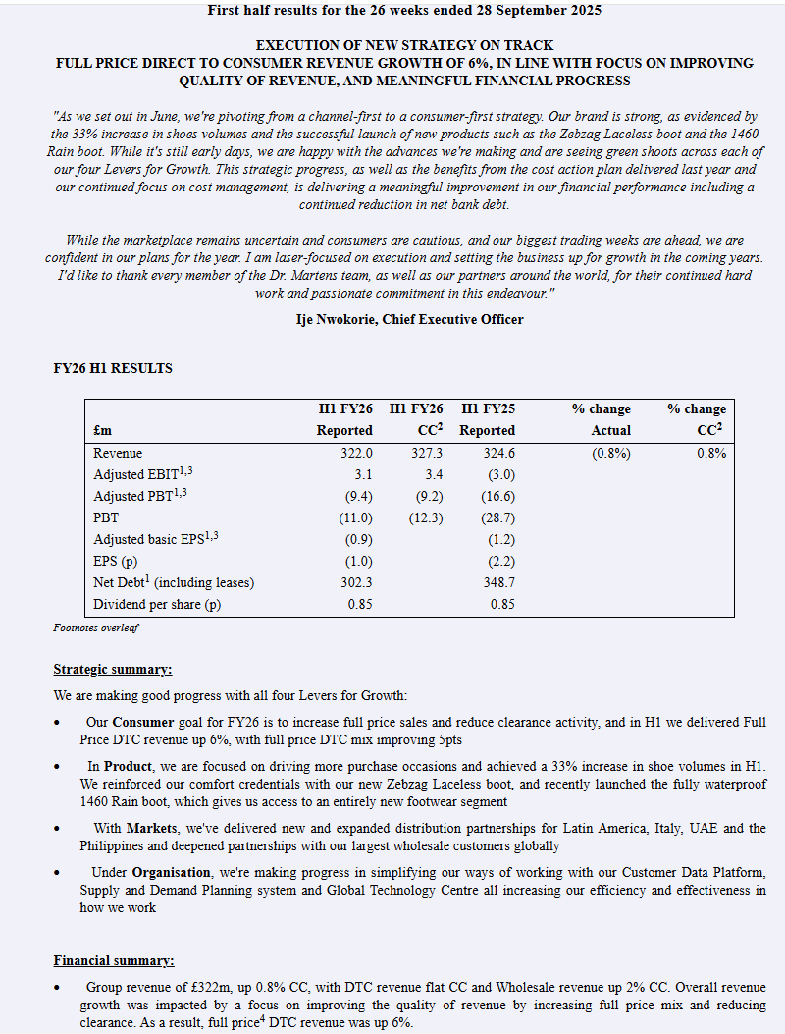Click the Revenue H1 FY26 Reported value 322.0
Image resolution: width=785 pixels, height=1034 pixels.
tap(356, 453)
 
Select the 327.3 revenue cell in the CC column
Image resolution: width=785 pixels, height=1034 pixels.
tap(426, 453)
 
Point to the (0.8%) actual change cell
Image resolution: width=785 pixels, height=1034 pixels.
tap(611, 453)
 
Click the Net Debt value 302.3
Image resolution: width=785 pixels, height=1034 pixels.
tap(356, 582)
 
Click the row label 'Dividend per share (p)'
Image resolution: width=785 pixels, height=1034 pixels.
tap(157, 604)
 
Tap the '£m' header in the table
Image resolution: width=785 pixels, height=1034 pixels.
tap(103, 430)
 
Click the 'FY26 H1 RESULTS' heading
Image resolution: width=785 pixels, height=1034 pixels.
tap(113, 369)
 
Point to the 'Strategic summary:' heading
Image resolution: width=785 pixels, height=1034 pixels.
tap(113, 670)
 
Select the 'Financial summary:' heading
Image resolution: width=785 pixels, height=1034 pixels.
tap(114, 960)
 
